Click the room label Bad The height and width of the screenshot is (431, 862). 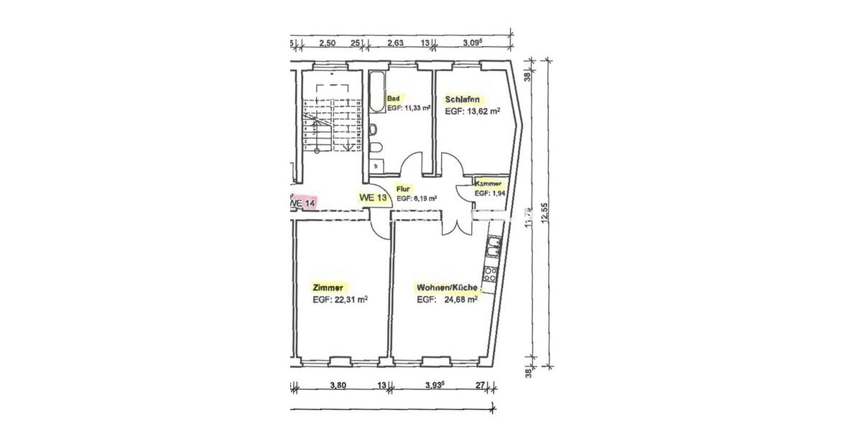pos(393,98)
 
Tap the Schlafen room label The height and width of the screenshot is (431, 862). pos(463,99)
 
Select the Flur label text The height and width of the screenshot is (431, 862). pos(402,187)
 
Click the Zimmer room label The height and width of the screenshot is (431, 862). pos(328,286)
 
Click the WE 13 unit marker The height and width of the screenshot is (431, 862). pos(373,198)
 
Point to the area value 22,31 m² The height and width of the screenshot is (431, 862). pos(348,300)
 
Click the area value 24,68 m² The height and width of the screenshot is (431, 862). pos(460,300)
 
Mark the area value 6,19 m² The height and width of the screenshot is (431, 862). pos(425,198)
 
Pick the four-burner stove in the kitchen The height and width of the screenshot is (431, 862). pos(491,274)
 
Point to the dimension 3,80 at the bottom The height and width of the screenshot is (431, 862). pos(338,385)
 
